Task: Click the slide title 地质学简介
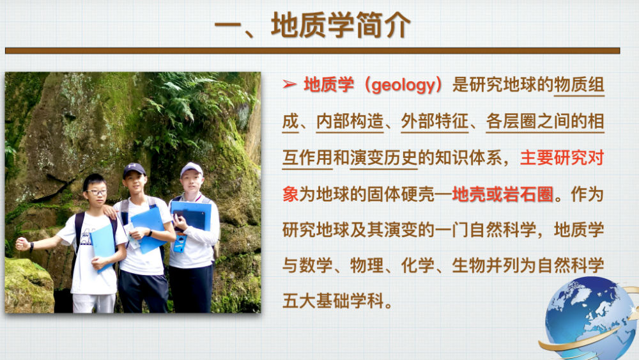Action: coord(341,26)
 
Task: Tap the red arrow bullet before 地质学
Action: coord(289,84)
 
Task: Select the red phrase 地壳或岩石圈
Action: coord(502,194)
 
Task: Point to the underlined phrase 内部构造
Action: coord(350,121)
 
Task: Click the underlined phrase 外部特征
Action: coord(435,121)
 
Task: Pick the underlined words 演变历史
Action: coord(383,158)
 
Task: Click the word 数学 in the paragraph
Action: coord(316,266)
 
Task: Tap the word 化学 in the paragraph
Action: coord(418,266)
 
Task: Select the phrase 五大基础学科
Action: coord(333,301)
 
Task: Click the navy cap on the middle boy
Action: coord(134,169)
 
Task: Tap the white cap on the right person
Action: coord(191,168)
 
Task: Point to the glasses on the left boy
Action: coord(96,192)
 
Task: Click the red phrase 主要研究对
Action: coord(562,158)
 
